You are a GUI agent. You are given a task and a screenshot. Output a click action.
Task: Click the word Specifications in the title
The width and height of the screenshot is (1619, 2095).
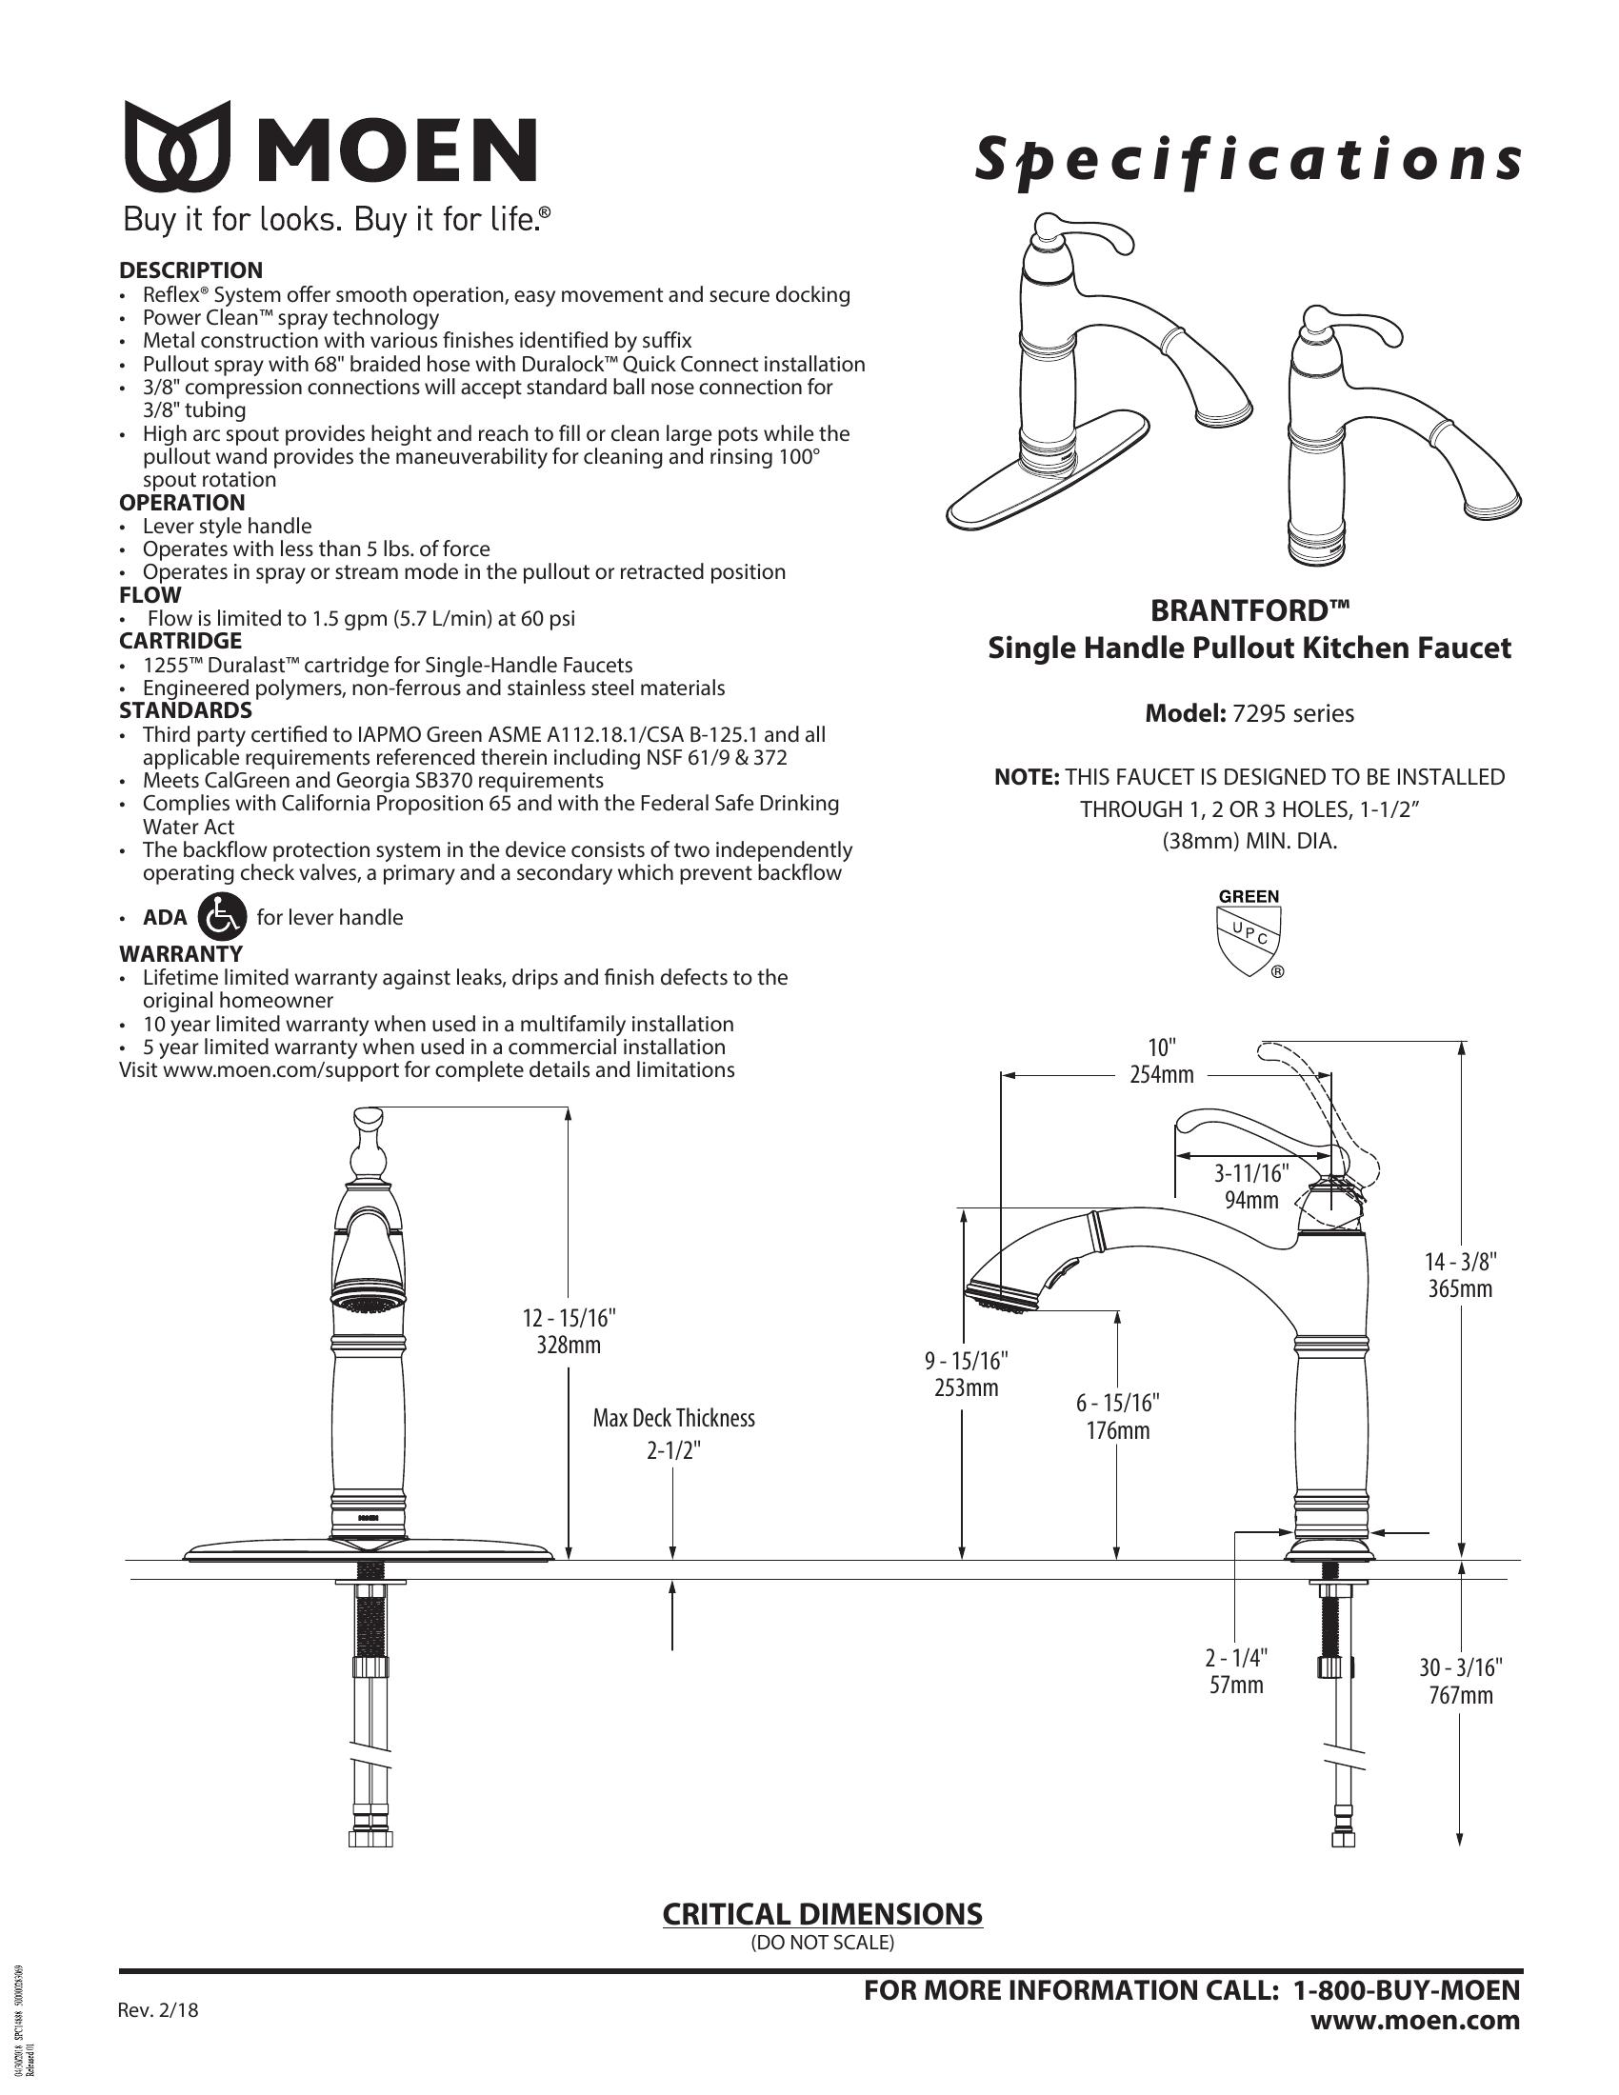tap(1247, 159)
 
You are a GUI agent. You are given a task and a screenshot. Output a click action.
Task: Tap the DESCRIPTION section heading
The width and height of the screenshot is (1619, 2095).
tap(190, 270)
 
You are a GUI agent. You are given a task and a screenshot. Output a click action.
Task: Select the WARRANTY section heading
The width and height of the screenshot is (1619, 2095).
tap(181, 954)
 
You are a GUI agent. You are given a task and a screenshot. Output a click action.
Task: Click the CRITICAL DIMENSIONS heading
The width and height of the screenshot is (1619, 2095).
tap(823, 1914)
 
